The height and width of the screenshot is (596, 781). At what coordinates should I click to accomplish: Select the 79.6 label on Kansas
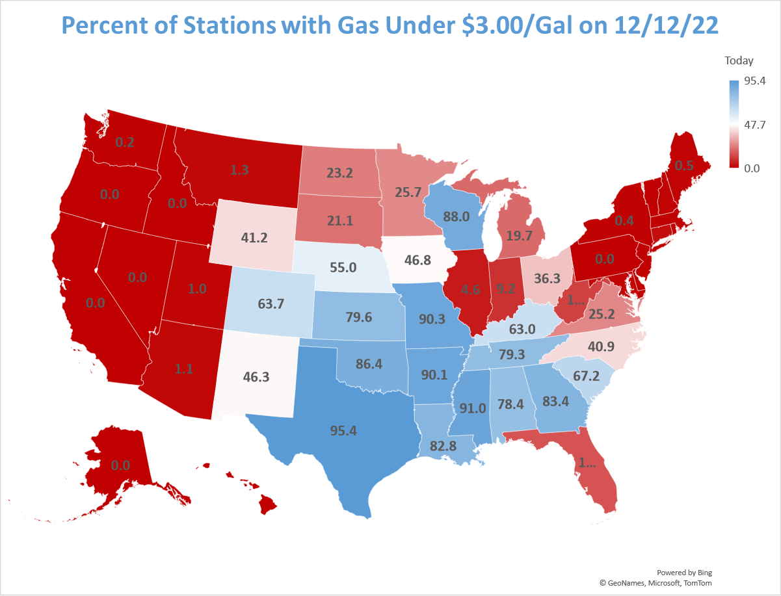point(359,317)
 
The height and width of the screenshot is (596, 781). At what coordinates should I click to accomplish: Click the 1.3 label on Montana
point(239,170)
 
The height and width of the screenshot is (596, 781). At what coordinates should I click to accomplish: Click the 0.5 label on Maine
point(683,165)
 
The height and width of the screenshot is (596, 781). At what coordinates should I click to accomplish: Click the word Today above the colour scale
point(739,60)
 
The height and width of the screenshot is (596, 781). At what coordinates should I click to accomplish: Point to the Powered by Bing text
point(684,573)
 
